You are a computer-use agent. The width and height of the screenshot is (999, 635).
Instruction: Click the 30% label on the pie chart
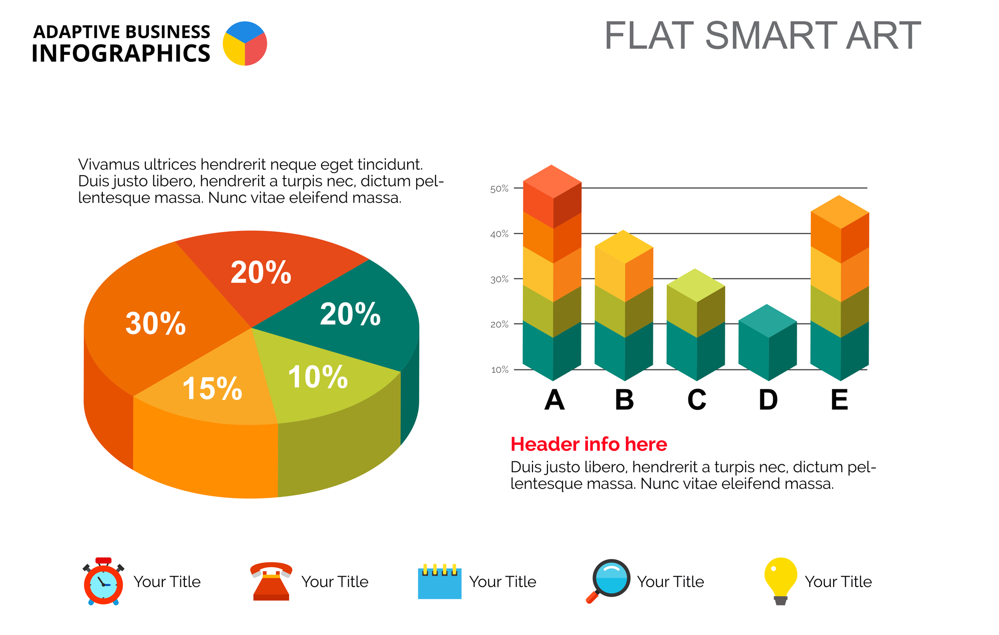[155, 323]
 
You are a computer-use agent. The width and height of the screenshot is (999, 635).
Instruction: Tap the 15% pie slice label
[212, 388]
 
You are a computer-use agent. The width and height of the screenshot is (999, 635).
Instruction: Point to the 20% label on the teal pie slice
[350, 314]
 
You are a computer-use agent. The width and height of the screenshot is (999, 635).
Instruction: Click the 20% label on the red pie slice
[261, 273]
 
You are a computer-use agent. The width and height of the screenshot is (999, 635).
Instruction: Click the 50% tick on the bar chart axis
[499, 189]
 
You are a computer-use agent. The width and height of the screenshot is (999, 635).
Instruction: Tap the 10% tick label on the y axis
[499, 370]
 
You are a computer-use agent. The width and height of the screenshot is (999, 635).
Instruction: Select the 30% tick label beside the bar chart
[499, 279]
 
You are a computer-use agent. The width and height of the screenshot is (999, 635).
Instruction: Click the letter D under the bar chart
[768, 399]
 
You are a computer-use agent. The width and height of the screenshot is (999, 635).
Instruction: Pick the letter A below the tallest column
[554, 399]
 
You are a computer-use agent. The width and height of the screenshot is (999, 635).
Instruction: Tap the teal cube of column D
[768, 342]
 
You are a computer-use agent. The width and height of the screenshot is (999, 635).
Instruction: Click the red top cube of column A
[552, 196]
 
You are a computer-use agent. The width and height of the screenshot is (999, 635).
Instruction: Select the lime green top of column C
[696, 285]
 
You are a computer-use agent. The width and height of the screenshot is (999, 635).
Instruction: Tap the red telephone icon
[271, 581]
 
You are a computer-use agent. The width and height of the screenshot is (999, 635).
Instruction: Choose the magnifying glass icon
[608, 581]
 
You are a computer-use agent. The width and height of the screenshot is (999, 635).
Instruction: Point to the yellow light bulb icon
[781, 581]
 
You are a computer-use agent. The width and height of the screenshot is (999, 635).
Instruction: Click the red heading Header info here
[588, 444]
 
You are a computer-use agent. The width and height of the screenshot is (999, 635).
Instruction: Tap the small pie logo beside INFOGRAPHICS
[245, 43]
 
